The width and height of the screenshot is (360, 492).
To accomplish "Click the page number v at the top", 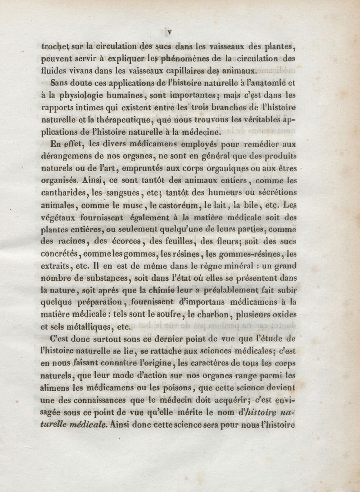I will pyautogui.click(x=169, y=32).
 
